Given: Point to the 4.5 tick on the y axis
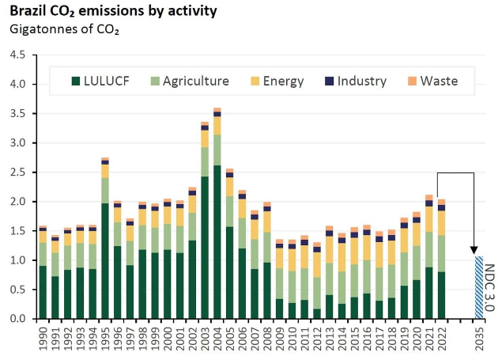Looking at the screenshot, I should click(17, 55).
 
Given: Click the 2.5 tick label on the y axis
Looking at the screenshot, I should click(17, 172).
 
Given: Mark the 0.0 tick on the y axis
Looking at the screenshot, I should click(17, 318).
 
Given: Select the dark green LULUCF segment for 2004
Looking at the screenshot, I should click(217, 241).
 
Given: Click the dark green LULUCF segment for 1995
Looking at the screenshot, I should click(105, 260).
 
